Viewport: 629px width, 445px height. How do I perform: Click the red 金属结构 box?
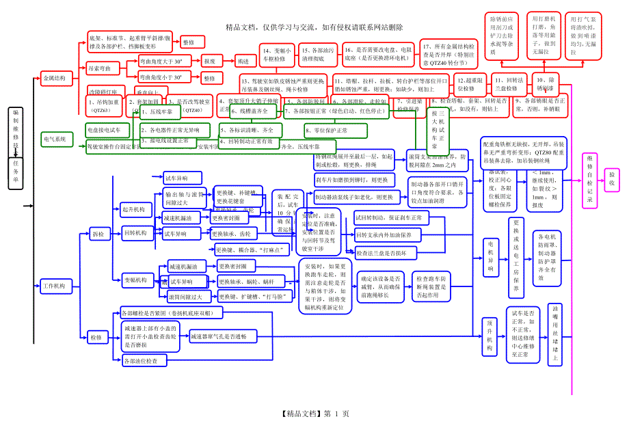pyautogui.click(x=54, y=79)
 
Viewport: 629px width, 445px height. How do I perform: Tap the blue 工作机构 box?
pyautogui.click(x=54, y=285)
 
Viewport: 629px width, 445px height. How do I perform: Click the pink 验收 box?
pyautogui.click(x=612, y=180)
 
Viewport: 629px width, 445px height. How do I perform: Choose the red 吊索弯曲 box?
pyautogui.click(x=103, y=68)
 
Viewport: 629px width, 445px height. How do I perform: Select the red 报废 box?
pyautogui.click(x=209, y=61)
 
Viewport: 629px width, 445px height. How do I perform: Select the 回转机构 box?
pyautogui.click(x=135, y=233)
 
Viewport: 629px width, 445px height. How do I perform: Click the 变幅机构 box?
pyautogui.click(x=135, y=280)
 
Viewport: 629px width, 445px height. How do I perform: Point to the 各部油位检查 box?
pyautogui.click(x=142, y=360)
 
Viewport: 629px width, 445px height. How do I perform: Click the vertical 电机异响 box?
pyautogui.click(x=490, y=256)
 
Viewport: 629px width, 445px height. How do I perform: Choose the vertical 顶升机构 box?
pyautogui.click(x=490, y=334)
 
